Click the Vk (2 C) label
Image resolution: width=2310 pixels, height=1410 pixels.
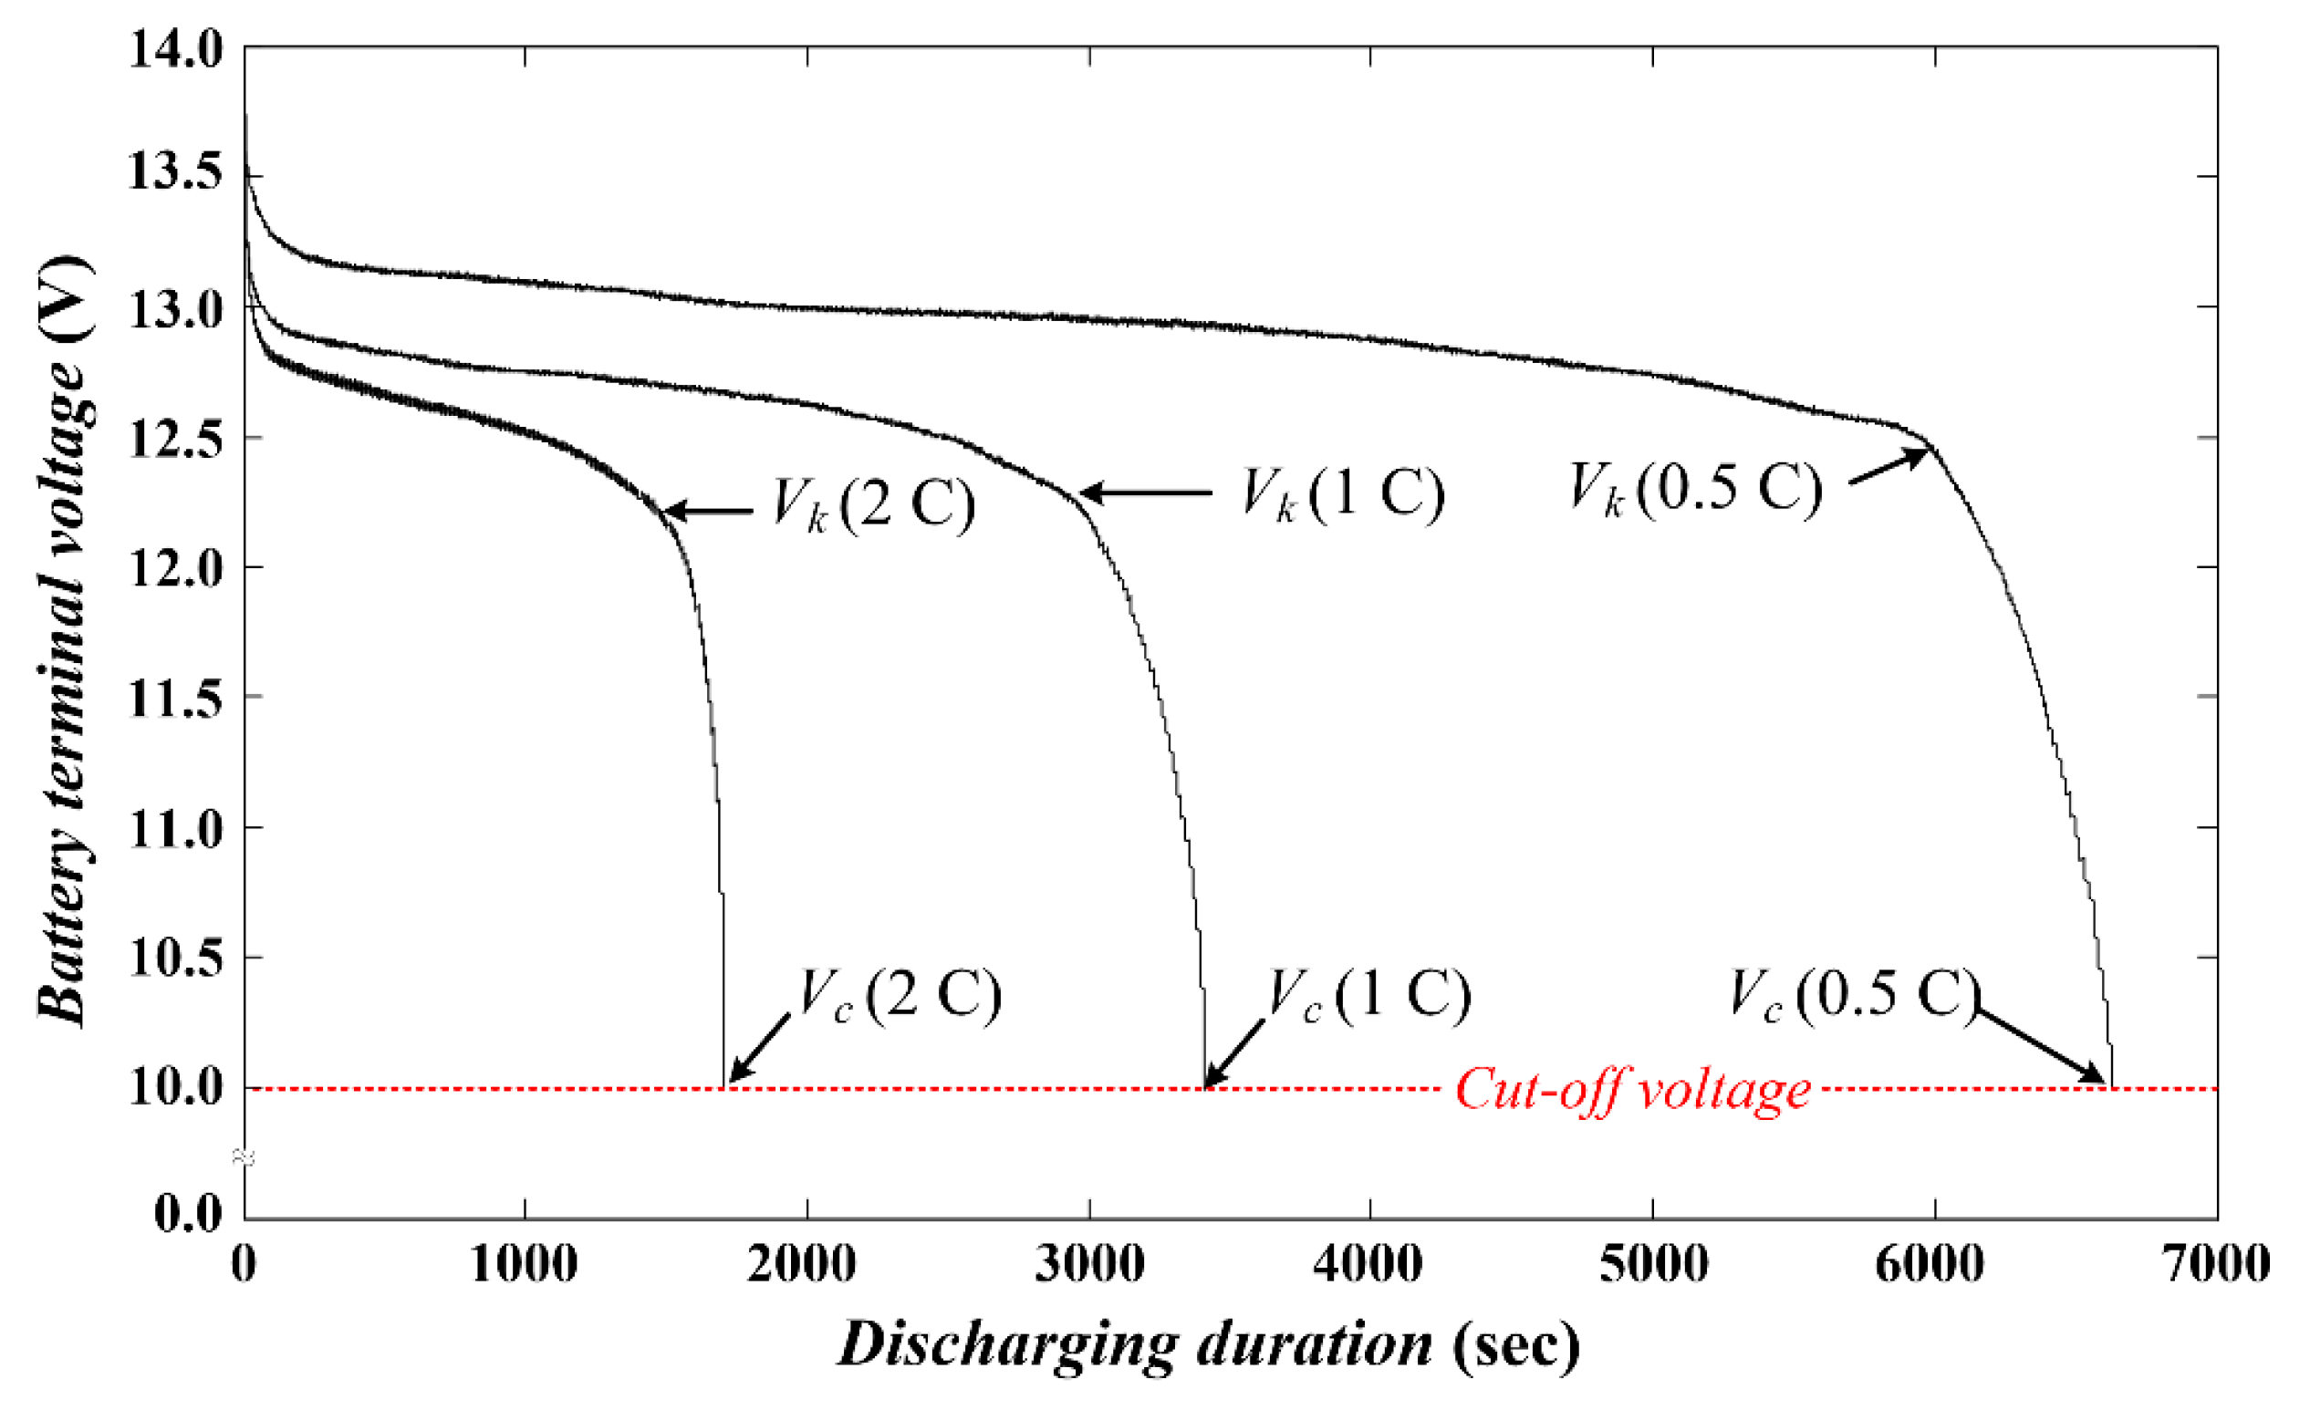(873, 506)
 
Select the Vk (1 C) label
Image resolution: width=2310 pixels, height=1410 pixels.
(1343, 493)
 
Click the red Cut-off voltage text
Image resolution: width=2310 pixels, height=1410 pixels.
(1632, 1090)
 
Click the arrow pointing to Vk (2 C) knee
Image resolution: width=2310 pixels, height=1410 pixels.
(708, 512)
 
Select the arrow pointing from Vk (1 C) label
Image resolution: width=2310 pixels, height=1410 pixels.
(1146, 492)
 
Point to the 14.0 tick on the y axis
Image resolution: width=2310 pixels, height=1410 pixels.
(176, 48)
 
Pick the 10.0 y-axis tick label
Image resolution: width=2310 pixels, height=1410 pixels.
(176, 1088)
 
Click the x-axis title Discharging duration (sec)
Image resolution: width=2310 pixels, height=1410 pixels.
(1210, 1347)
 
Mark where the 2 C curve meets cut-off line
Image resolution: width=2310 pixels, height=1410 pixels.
(723, 1087)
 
